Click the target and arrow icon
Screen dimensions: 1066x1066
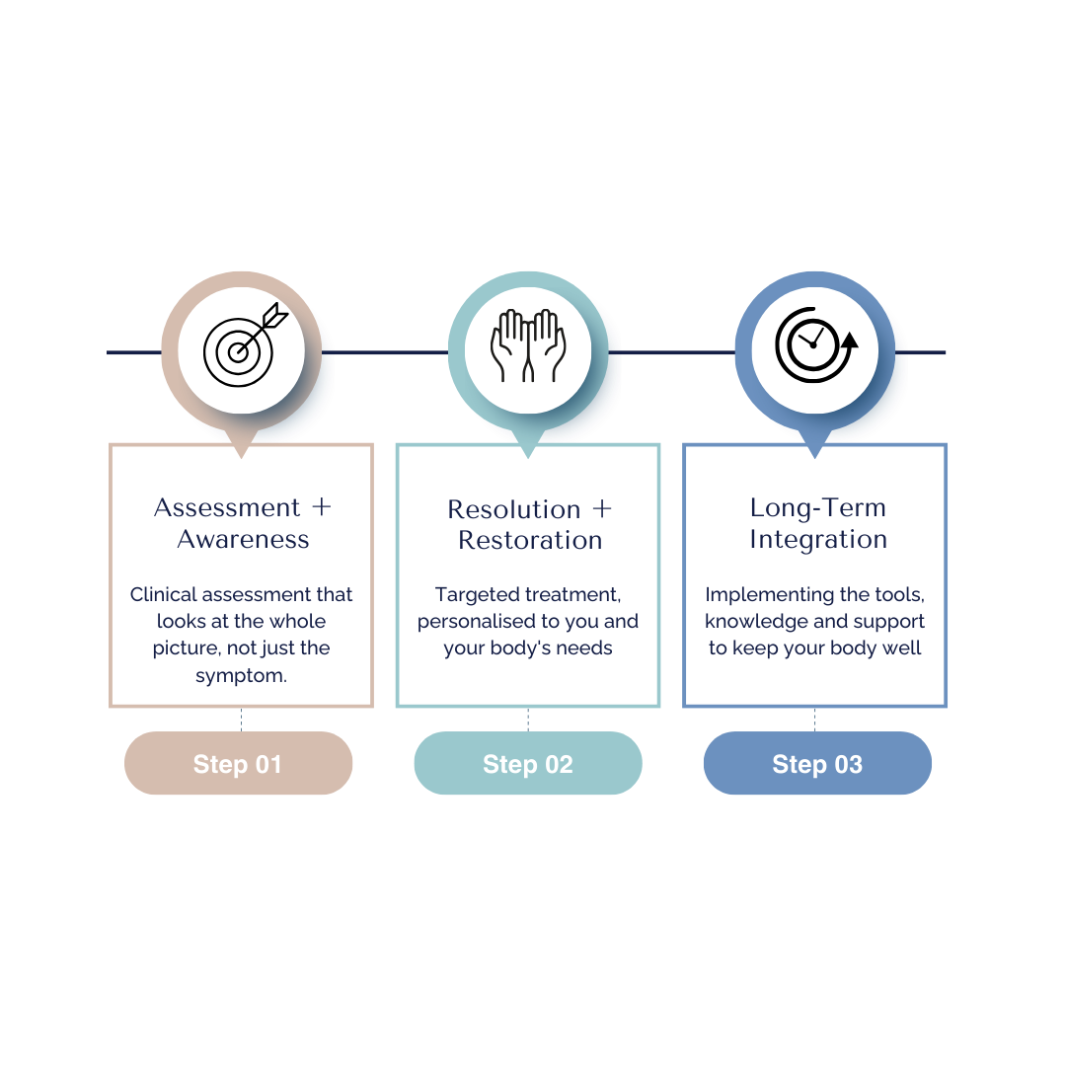pos(242,344)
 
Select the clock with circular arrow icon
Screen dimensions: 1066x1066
pos(814,344)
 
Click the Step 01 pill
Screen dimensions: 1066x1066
pos(238,764)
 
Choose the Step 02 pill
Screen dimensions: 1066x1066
pos(528,764)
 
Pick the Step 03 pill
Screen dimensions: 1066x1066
pos(817,764)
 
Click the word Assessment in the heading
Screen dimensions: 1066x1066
pos(227,507)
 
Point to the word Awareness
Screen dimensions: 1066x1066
pos(243,539)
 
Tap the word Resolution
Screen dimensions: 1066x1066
pos(514,509)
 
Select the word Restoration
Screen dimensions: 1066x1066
pos(530,540)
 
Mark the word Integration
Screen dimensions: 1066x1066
pos(818,539)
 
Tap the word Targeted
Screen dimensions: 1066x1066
pos(474,595)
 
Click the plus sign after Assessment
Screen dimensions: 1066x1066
pos(321,507)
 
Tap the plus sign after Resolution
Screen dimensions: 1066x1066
pos(602,509)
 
